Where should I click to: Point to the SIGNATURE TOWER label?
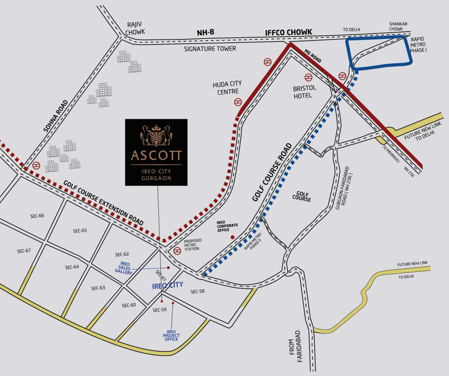click(210, 49)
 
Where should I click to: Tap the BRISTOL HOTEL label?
click(305, 92)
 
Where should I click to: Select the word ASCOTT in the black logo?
click(156, 156)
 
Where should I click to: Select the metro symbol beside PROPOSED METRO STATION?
click(177, 251)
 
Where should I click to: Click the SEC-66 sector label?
click(37, 215)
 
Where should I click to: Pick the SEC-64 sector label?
click(72, 267)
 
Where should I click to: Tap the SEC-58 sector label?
click(197, 292)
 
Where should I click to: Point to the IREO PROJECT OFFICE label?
click(171, 335)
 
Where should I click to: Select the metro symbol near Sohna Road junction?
click(36, 166)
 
